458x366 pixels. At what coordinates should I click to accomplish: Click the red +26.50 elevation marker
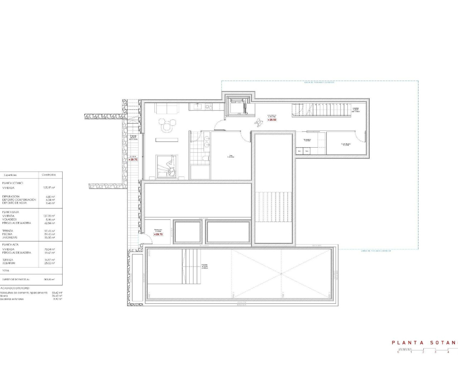coord(272,120)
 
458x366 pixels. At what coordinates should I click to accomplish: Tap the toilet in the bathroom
coord(204,159)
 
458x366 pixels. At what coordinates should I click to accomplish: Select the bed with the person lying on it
coord(166,165)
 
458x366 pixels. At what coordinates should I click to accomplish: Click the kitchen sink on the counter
coord(197,106)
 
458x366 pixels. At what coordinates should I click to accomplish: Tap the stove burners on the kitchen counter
coord(209,106)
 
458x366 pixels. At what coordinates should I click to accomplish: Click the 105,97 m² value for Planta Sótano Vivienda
coord(49,188)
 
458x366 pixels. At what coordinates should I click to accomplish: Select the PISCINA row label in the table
coord(8,234)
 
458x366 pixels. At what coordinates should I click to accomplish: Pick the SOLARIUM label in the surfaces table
coord(9,263)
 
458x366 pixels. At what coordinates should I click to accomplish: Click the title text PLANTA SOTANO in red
coord(424,342)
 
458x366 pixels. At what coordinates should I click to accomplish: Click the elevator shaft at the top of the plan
coord(237,106)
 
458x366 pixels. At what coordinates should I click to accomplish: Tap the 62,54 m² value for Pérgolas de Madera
coord(49,223)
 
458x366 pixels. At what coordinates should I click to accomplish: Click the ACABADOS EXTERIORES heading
coord(15,288)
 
